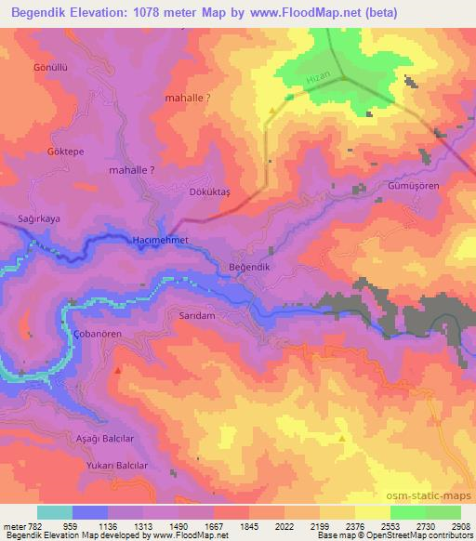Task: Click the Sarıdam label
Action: pyautogui.click(x=196, y=316)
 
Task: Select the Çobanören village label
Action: pyautogui.click(x=86, y=334)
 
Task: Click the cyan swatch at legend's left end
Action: pyautogui.click(x=55, y=512)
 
